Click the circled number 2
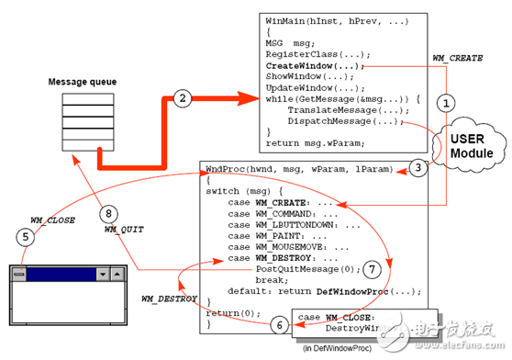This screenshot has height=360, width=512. click(183, 98)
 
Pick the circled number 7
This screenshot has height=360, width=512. click(371, 270)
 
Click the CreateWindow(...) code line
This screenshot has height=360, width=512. click(315, 66)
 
